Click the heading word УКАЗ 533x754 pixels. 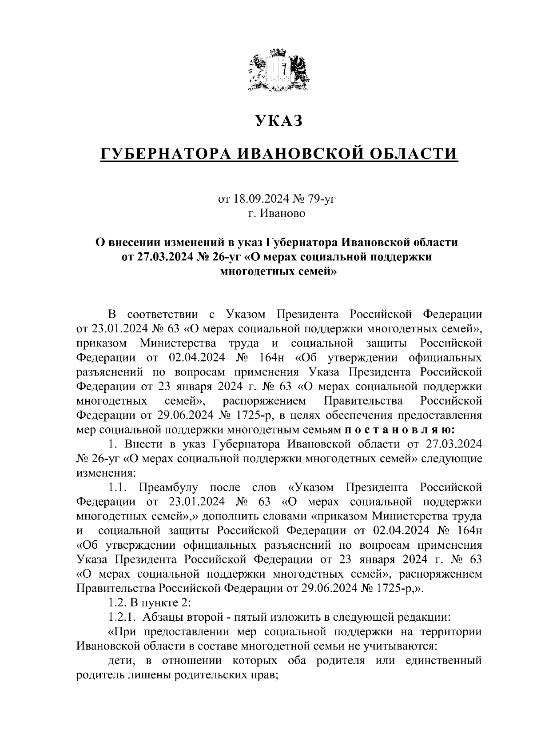[278, 121]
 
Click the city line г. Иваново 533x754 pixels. [277, 213]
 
